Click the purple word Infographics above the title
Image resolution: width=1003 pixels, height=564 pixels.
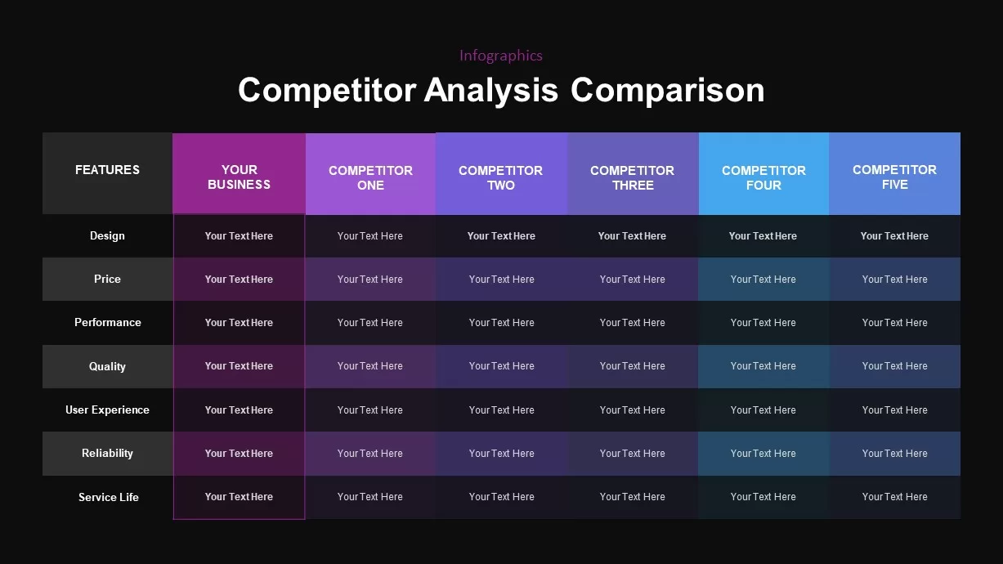pyautogui.click(x=500, y=56)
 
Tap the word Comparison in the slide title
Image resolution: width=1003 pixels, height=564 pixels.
pyautogui.click(x=667, y=90)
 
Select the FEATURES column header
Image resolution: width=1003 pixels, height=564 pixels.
pyautogui.click(x=107, y=170)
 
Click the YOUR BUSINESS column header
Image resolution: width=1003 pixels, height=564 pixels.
pyautogui.click(x=239, y=177)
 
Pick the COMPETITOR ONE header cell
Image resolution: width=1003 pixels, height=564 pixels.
pyautogui.click(x=370, y=177)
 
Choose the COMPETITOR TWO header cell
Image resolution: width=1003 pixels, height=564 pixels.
pyautogui.click(x=501, y=177)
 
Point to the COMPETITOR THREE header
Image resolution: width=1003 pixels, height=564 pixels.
pyautogui.click(x=633, y=177)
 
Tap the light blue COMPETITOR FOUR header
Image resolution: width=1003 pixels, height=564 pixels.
pyautogui.click(x=763, y=177)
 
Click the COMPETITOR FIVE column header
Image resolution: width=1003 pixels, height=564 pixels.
pyautogui.click(x=894, y=177)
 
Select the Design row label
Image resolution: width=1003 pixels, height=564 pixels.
pyautogui.click(x=107, y=236)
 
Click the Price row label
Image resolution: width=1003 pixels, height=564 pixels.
pyautogui.click(x=107, y=280)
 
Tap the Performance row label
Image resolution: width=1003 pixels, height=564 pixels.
pyautogui.click(x=107, y=323)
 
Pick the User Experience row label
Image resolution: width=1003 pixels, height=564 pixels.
pyautogui.click(x=107, y=410)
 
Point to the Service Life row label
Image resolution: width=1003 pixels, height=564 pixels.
pyautogui.click(x=108, y=497)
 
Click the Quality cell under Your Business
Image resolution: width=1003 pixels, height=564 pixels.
pyautogui.click(x=239, y=366)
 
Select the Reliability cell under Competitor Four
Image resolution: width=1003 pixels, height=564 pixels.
pyautogui.click(x=763, y=454)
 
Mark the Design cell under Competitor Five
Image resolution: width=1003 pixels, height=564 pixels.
pyautogui.click(x=894, y=236)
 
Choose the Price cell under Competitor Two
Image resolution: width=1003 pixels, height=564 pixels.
pyautogui.click(x=501, y=280)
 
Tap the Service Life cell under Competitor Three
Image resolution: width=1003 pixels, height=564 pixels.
pyautogui.click(x=633, y=497)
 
